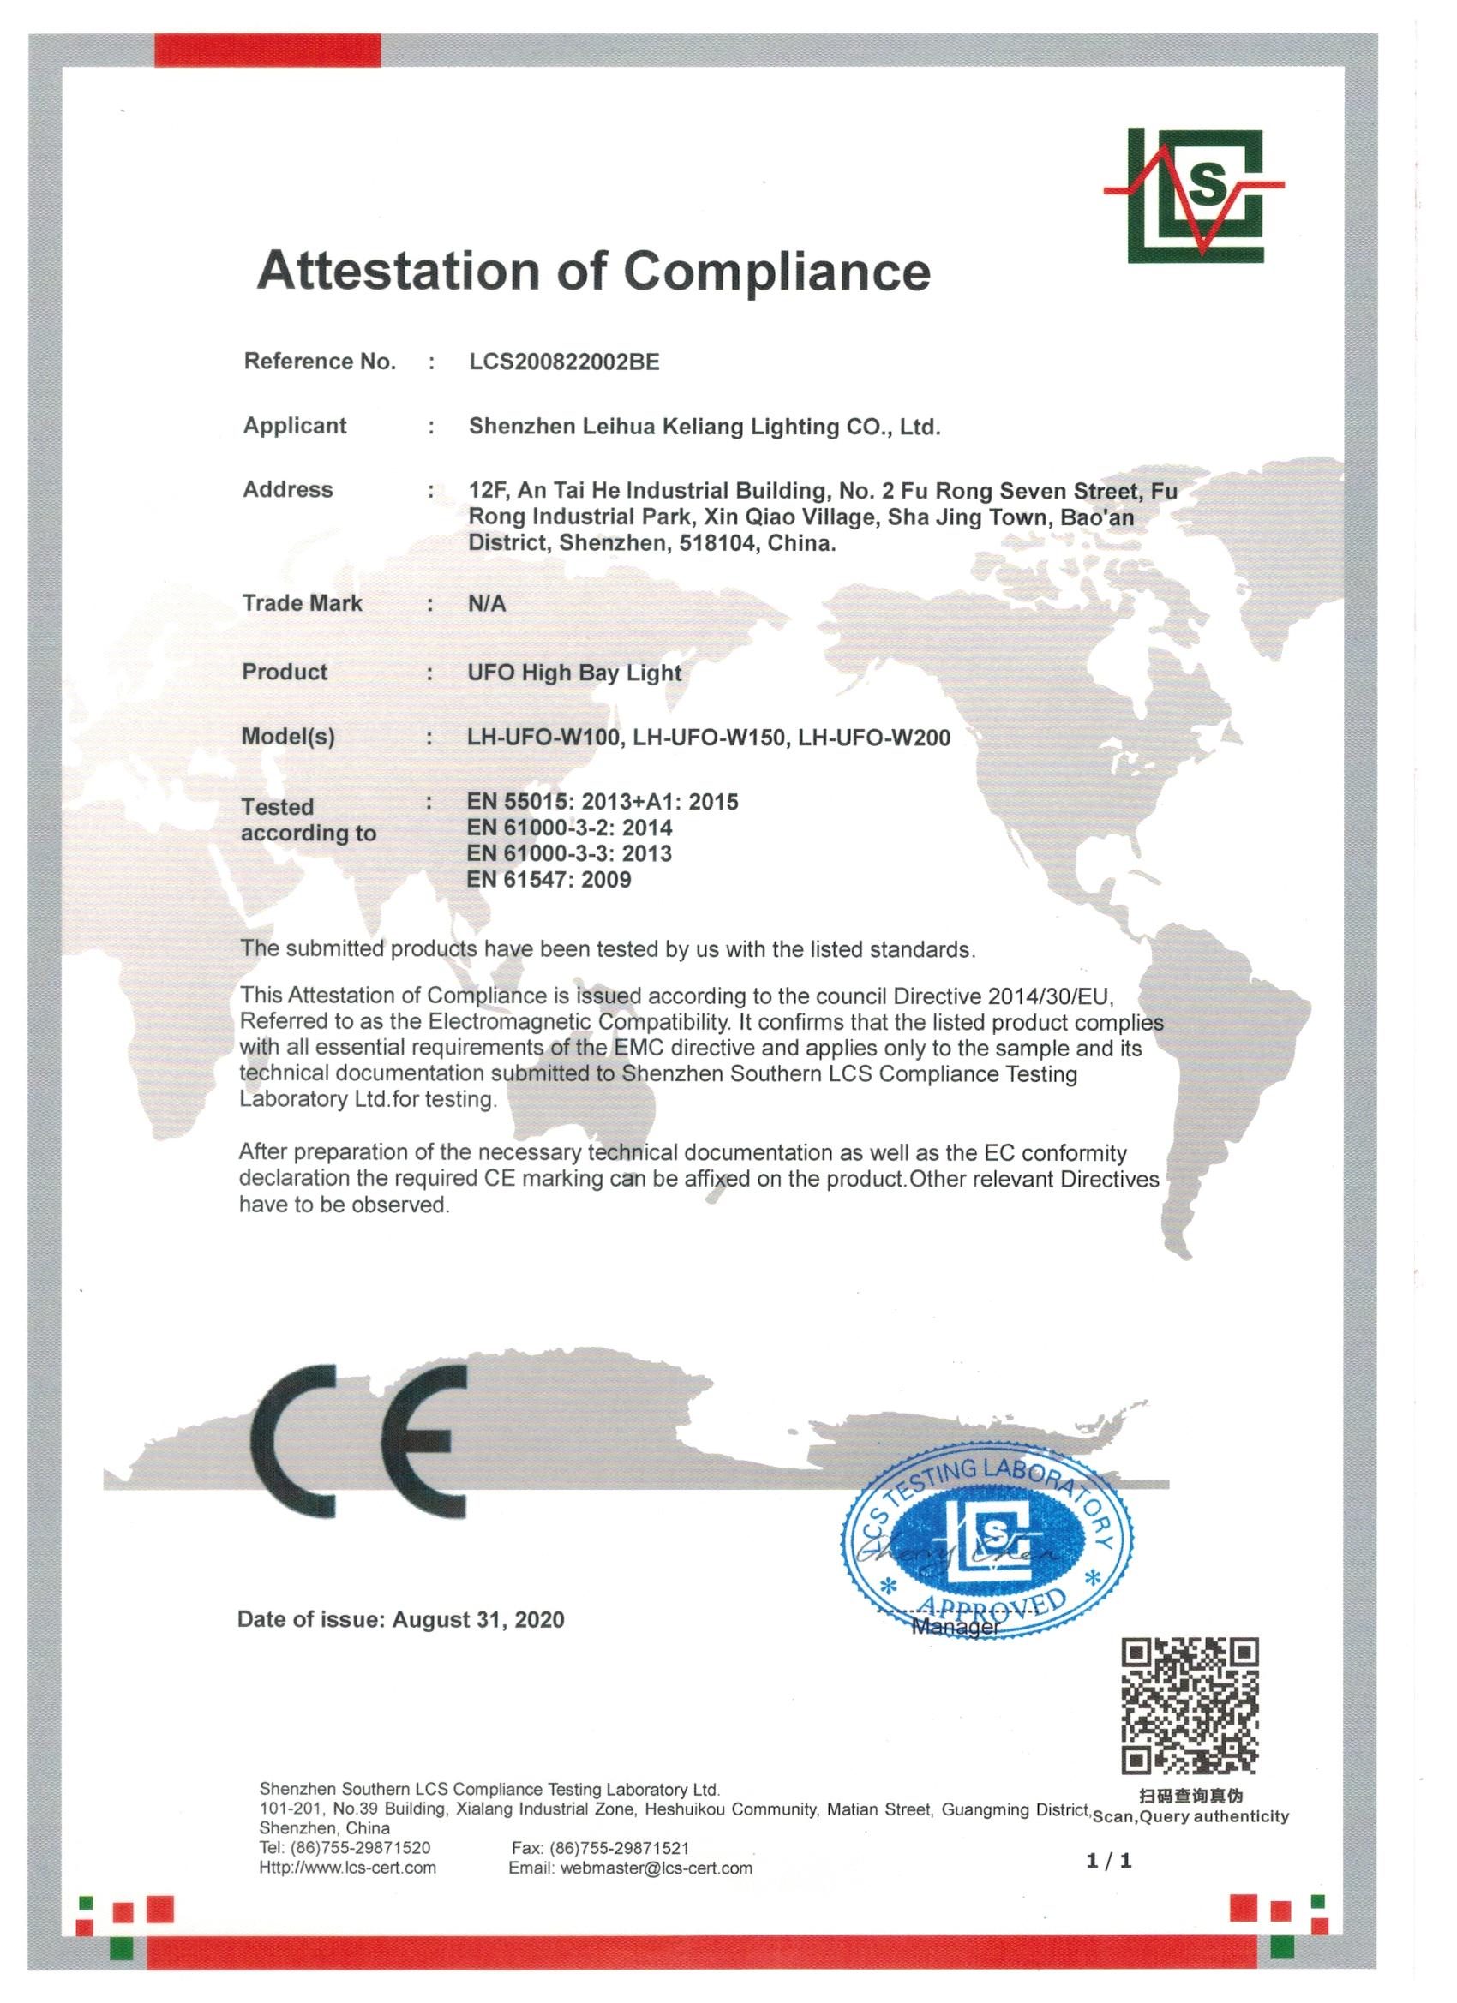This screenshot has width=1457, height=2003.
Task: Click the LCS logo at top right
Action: [x=1194, y=195]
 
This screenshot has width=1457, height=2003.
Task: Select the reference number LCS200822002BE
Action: [x=564, y=362]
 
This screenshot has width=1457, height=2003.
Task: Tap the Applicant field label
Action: [x=295, y=426]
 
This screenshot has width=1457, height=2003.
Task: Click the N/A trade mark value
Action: [x=487, y=604]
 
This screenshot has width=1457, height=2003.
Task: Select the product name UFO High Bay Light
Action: [x=574, y=673]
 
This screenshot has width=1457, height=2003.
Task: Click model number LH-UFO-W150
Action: [x=710, y=738]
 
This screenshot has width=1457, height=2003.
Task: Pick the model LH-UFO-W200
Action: [x=874, y=738]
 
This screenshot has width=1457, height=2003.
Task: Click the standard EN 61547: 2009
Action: [x=549, y=880]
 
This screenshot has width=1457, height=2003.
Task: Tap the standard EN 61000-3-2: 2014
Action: [x=569, y=828]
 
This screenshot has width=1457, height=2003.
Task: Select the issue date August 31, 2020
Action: [x=478, y=1621]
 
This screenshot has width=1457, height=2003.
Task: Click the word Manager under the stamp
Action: [x=955, y=1627]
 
